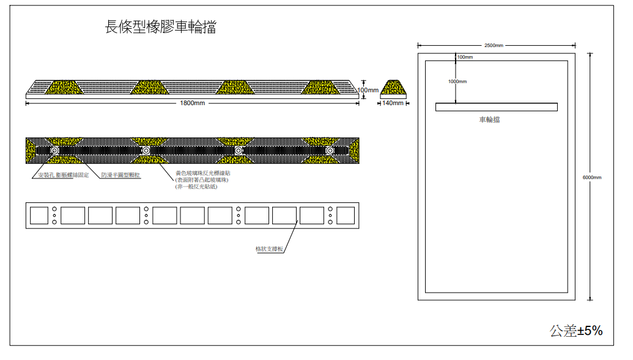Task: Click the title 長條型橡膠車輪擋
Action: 160,28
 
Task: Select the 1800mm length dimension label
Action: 192,103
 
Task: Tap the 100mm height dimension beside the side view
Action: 368,90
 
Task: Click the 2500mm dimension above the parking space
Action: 494,45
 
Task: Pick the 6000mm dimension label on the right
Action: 591,177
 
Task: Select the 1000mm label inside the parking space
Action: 457,81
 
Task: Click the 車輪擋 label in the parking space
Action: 489,120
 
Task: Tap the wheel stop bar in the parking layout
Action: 496,107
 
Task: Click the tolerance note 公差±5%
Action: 576,331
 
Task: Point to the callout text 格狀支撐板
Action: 269,249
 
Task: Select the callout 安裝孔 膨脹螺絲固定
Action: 64,175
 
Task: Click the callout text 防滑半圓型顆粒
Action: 120,175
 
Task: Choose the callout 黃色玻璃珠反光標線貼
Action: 202,173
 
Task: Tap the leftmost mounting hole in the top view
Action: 54,150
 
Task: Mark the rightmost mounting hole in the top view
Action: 330,150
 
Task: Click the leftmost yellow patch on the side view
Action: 62,87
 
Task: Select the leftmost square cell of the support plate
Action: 39,215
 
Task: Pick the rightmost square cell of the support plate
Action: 346,215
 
